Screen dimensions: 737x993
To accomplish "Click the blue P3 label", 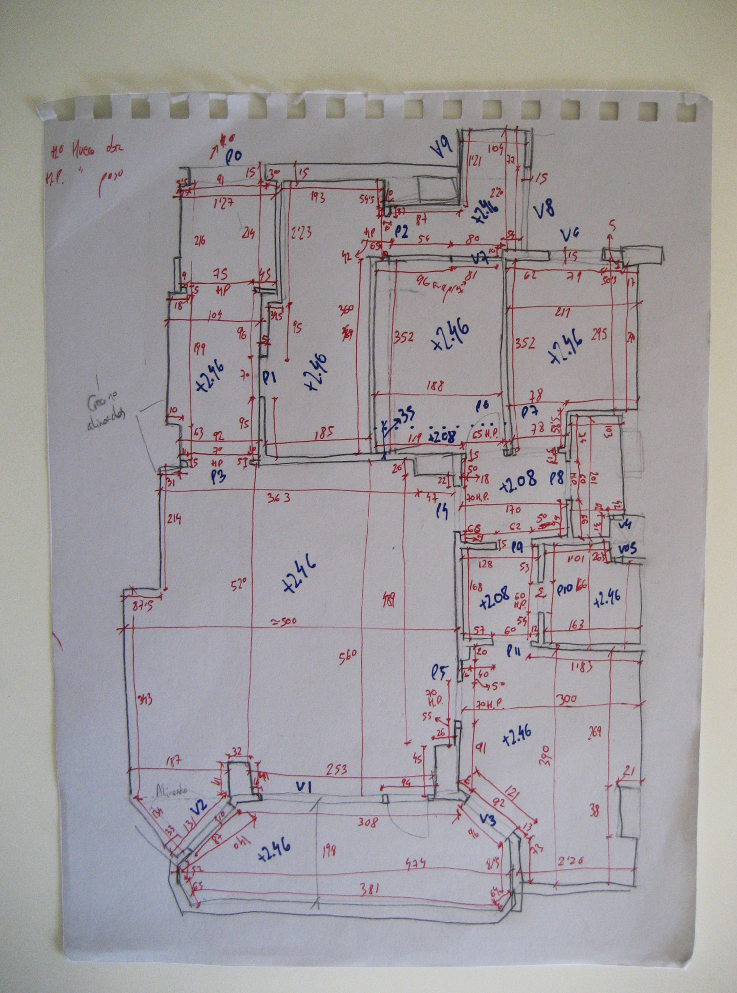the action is coord(218,477).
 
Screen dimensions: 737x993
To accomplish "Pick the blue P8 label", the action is coord(557,479).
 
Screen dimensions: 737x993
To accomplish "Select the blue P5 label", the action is coord(440,674).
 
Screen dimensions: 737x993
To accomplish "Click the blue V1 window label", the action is coord(303,786).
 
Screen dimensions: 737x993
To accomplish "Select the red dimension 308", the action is coord(367,822).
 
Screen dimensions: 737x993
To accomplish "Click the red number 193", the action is coord(317,198).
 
